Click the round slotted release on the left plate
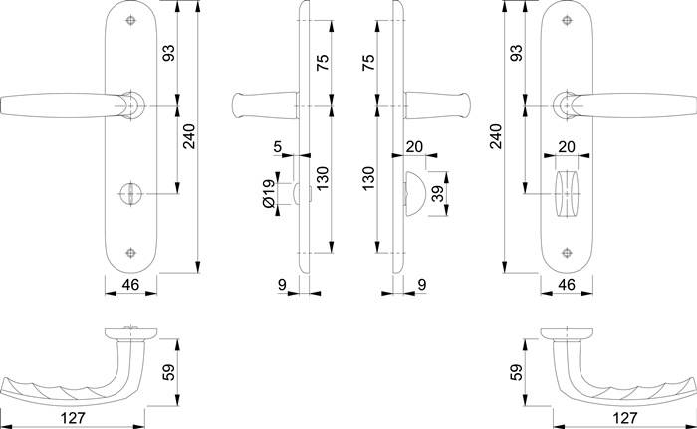pos(131,189)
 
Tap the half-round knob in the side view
pos(414,189)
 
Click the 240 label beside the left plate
pos(188,142)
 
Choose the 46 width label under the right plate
pos(567,285)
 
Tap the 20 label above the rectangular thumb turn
pos(567,147)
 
